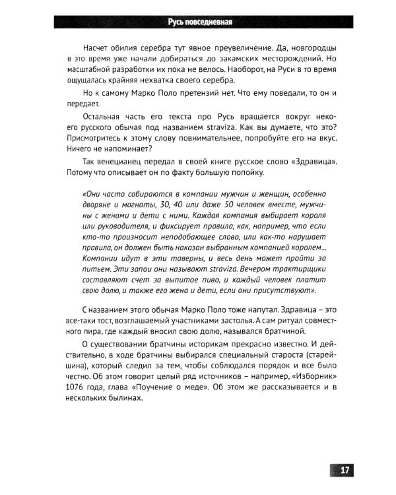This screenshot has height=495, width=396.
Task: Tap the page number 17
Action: pos(345,470)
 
